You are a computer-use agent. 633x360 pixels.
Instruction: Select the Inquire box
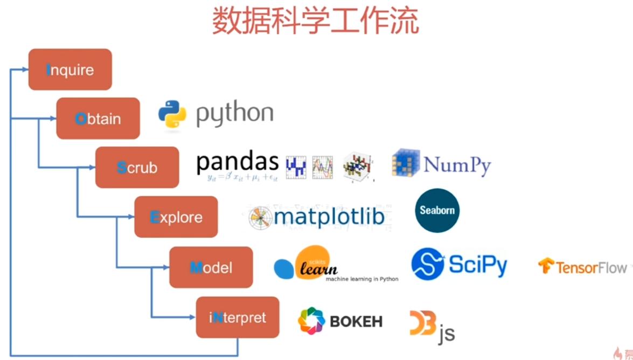(70, 70)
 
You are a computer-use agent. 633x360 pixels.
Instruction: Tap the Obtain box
(98, 119)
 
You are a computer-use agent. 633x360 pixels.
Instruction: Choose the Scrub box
(137, 167)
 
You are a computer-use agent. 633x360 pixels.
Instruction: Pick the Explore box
(176, 217)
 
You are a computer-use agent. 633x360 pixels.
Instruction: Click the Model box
(211, 267)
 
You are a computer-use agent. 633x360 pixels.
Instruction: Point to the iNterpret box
(238, 317)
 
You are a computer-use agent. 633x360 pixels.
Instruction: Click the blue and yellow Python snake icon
(172, 115)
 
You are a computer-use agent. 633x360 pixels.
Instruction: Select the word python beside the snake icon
(234, 114)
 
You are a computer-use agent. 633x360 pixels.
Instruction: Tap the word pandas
(237, 162)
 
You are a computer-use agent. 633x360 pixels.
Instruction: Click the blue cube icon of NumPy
(405, 163)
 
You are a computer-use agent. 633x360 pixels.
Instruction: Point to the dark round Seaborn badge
(437, 210)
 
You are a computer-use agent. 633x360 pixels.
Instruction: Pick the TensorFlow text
(591, 267)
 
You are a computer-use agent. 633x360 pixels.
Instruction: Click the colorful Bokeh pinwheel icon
(311, 321)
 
